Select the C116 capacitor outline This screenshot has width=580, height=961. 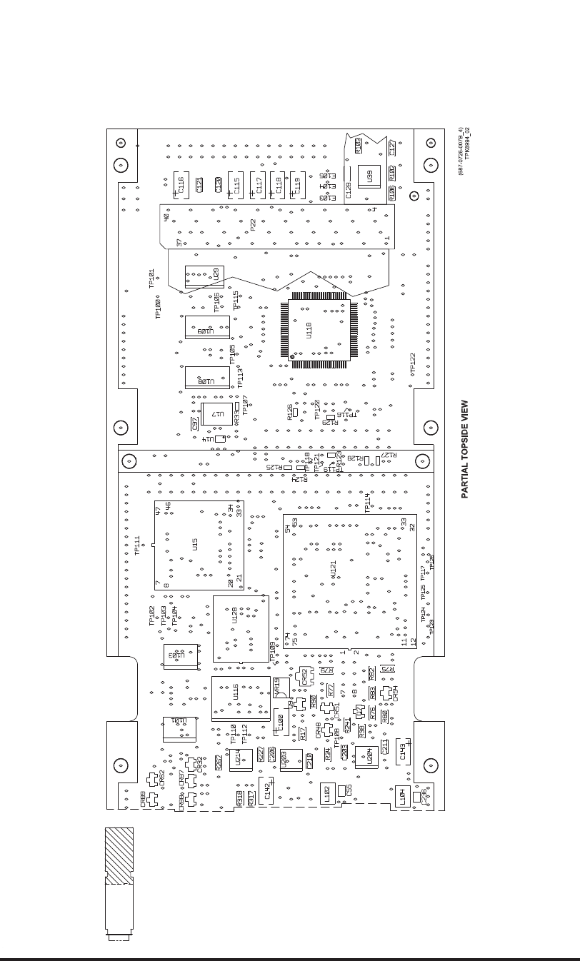[181, 186]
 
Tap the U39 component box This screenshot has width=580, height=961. [369, 177]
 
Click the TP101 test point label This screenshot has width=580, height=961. [151, 278]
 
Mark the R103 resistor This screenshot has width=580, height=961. [359, 145]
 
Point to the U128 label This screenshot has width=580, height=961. [234, 615]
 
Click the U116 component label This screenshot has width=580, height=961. [236, 691]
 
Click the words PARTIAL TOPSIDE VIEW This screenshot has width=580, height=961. [464, 448]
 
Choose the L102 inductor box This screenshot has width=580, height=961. [327, 793]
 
